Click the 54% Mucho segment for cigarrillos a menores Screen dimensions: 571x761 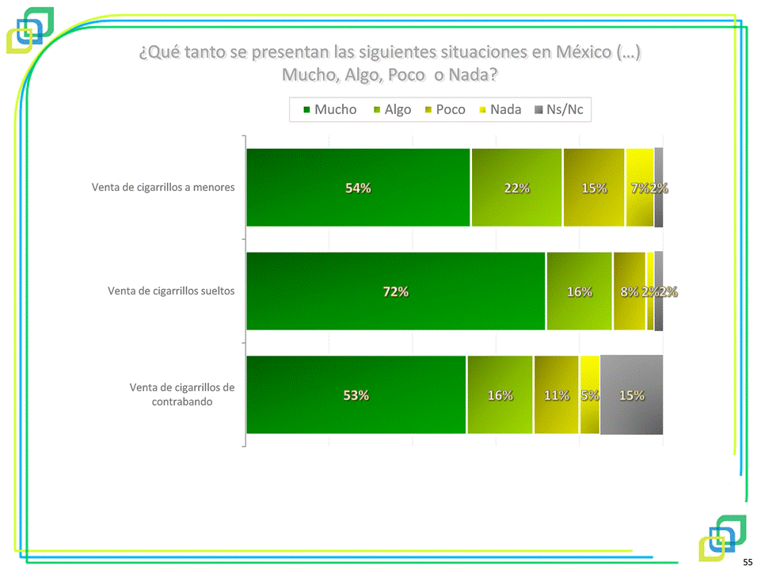coord(358,188)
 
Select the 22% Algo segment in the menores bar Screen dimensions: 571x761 coord(516,188)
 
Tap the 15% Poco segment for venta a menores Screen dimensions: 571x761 coord(594,188)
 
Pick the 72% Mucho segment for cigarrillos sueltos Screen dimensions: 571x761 coord(395,291)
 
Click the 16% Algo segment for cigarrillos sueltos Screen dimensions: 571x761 coord(579,291)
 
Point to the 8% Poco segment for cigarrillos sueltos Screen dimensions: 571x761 coord(629,291)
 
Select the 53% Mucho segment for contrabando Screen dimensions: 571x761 coord(356,395)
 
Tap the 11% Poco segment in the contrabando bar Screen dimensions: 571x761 coord(556,395)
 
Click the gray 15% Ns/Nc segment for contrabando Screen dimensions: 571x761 coord(631,395)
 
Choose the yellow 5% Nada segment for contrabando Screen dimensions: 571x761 coord(589,395)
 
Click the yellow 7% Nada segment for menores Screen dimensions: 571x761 coord(639,188)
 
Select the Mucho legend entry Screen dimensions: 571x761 coord(329,109)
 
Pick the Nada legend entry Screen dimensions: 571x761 coord(499,109)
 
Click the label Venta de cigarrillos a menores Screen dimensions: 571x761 coord(163,188)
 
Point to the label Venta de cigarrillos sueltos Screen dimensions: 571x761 coord(171,291)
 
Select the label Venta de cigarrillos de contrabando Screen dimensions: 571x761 coord(182,394)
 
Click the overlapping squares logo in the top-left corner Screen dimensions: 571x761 coord(30,30)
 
